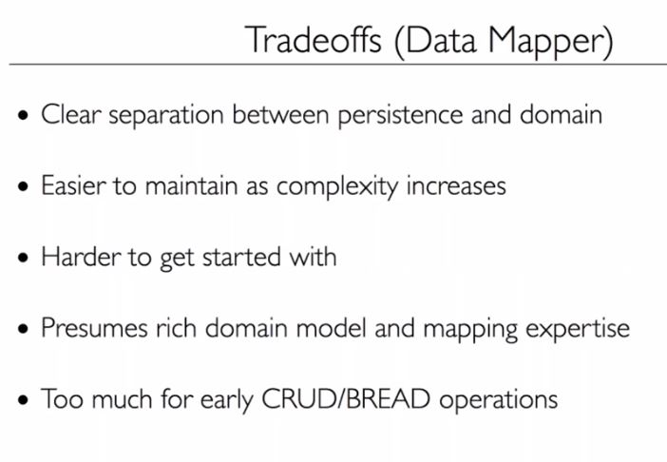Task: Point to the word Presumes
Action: pos(91,328)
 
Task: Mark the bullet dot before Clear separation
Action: pos(24,118)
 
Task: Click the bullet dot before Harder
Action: pos(24,259)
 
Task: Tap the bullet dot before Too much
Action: pos(24,400)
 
